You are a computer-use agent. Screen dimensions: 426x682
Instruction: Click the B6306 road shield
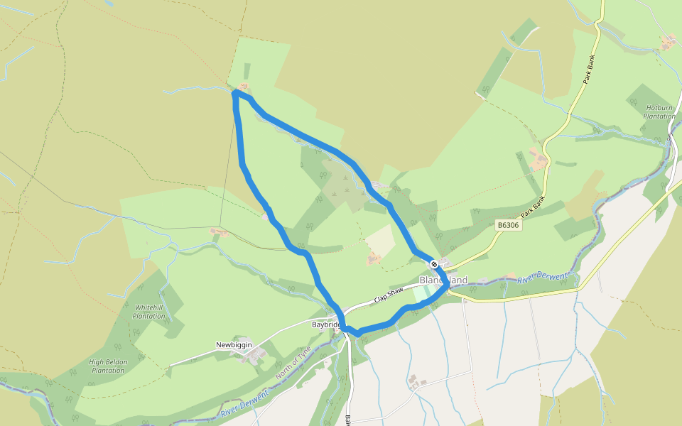point(509,225)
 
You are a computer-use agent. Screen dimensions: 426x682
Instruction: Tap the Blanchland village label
point(444,280)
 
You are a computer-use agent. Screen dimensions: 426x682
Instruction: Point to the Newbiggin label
point(234,345)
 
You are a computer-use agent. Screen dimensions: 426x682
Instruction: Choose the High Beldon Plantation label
point(108,366)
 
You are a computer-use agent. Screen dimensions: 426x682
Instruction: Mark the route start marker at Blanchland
point(434,264)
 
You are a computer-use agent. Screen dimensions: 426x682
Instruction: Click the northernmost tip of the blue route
point(235,92)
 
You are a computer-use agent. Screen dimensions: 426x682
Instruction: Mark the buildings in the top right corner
point(668,42)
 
